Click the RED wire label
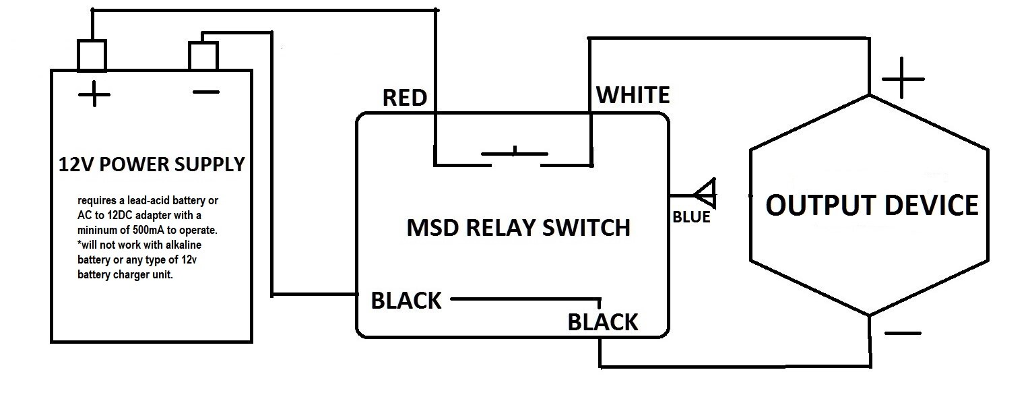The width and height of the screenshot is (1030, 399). tap(404, 98)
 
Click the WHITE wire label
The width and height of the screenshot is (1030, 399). tap(633, 95)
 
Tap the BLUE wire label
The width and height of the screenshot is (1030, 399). tap(691, 218)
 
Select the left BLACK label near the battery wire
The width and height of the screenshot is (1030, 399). tap(406, 301)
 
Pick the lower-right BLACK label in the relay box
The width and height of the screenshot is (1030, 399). tap(602, 322)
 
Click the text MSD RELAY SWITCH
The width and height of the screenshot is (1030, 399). tap(518, 227)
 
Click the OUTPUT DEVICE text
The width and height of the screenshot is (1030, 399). tap(872, 205)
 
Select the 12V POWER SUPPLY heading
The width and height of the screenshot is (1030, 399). tap(152, 164)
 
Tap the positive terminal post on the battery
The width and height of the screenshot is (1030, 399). tap(92, 55)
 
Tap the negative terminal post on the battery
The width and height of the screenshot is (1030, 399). tap(203, 56)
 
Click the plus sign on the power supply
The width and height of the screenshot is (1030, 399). tap(94, 95)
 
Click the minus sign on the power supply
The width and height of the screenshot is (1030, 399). tap(205, 92)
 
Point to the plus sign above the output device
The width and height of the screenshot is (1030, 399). tap(902, 79)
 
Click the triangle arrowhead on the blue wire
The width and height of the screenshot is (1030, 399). tap(705, 195)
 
